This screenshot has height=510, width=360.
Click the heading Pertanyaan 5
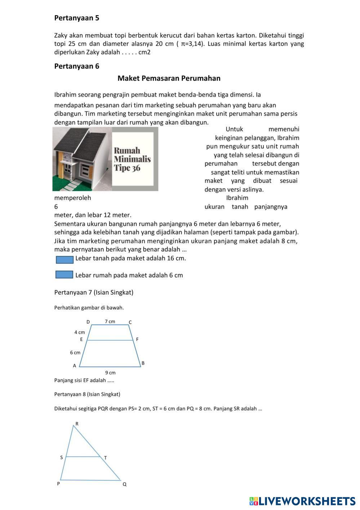click(x=76, y=18)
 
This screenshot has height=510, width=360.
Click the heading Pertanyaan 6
click(x=76, y=66)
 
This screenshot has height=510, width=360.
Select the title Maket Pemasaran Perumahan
click(x=169, y=78)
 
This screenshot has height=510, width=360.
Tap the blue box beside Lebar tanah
click(x=65, y=260)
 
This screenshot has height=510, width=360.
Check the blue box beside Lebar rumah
click(x=65, y=275)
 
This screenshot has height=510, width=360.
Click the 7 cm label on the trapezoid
click(x=110, y=321)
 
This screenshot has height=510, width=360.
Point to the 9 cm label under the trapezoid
click(x=110, y=373)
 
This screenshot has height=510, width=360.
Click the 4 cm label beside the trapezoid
click(x=80, y=332)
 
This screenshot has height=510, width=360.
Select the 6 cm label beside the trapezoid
click(x=75, y=352)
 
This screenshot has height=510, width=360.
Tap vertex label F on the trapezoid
click(x=137, y=339)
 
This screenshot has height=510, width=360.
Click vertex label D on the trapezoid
click(x=88, y=322)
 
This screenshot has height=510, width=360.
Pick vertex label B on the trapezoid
click(x=143, y=363)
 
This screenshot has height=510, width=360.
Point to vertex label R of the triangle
click(x=77, y=423)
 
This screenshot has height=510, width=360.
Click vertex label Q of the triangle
click(x=125, y=484)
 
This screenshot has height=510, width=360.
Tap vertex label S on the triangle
click(x=61, y=457)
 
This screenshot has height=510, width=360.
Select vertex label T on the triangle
click(x=105, y=458)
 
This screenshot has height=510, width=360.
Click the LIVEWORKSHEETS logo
click(x=302, y=501)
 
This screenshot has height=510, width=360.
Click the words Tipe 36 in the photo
click(x=127, y=168)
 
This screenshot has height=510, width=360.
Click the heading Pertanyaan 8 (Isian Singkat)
click(x=87, y=394)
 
